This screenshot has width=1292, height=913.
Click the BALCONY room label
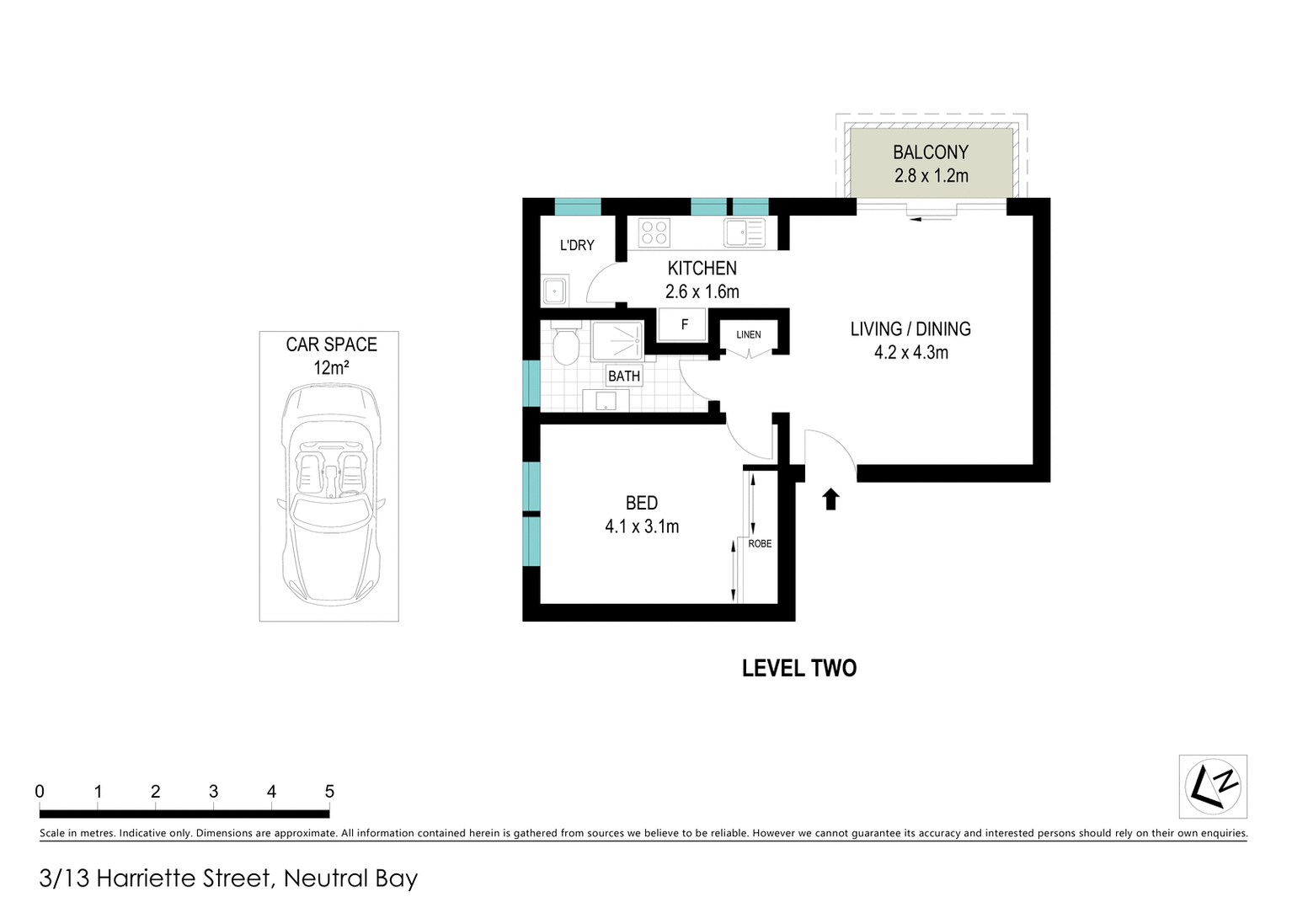(931, 152)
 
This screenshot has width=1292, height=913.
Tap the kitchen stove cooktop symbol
(654, 232)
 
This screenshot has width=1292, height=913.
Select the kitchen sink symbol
(744, 232)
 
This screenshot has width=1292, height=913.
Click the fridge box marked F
(683, 324)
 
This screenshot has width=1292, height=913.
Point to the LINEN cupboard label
(748, 334)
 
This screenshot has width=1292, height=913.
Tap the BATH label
(624, 376)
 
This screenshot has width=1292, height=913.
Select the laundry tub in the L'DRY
(554, 291)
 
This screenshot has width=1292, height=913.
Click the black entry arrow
(830, 499)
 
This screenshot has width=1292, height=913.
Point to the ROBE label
(760, 543)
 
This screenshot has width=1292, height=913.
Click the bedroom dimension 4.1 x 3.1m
(642, 527)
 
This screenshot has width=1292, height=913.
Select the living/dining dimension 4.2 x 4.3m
(910, 353)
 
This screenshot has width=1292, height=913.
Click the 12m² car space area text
(331, 368)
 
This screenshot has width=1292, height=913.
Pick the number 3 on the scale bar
(213, 792)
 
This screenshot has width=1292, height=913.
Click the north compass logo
(1213, 786)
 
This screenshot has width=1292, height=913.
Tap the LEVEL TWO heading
(798, 668)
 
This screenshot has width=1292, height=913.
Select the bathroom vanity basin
(606, 401)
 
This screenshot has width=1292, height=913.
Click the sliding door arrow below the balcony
(932, 219)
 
